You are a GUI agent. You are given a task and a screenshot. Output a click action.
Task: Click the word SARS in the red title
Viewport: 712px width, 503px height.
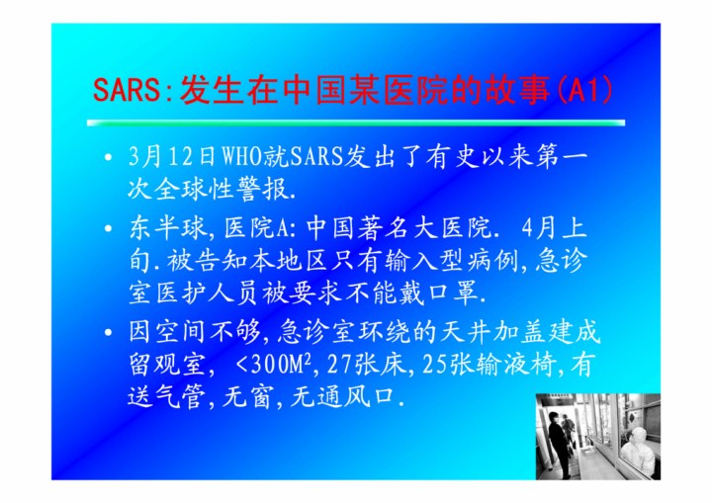[127, 89]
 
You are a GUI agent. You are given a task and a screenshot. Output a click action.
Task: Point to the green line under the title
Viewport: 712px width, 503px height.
[356, 123]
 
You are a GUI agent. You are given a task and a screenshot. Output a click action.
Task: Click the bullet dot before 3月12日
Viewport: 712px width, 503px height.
[108, 157]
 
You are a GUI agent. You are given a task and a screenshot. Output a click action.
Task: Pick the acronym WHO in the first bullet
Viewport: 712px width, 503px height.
[242, 156]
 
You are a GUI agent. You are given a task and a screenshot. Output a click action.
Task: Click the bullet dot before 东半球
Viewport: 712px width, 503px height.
[108, 228]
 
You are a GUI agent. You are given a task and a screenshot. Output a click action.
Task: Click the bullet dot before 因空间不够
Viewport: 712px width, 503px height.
[108, 333]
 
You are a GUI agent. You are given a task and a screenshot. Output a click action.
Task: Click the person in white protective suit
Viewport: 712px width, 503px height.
[637, 452]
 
